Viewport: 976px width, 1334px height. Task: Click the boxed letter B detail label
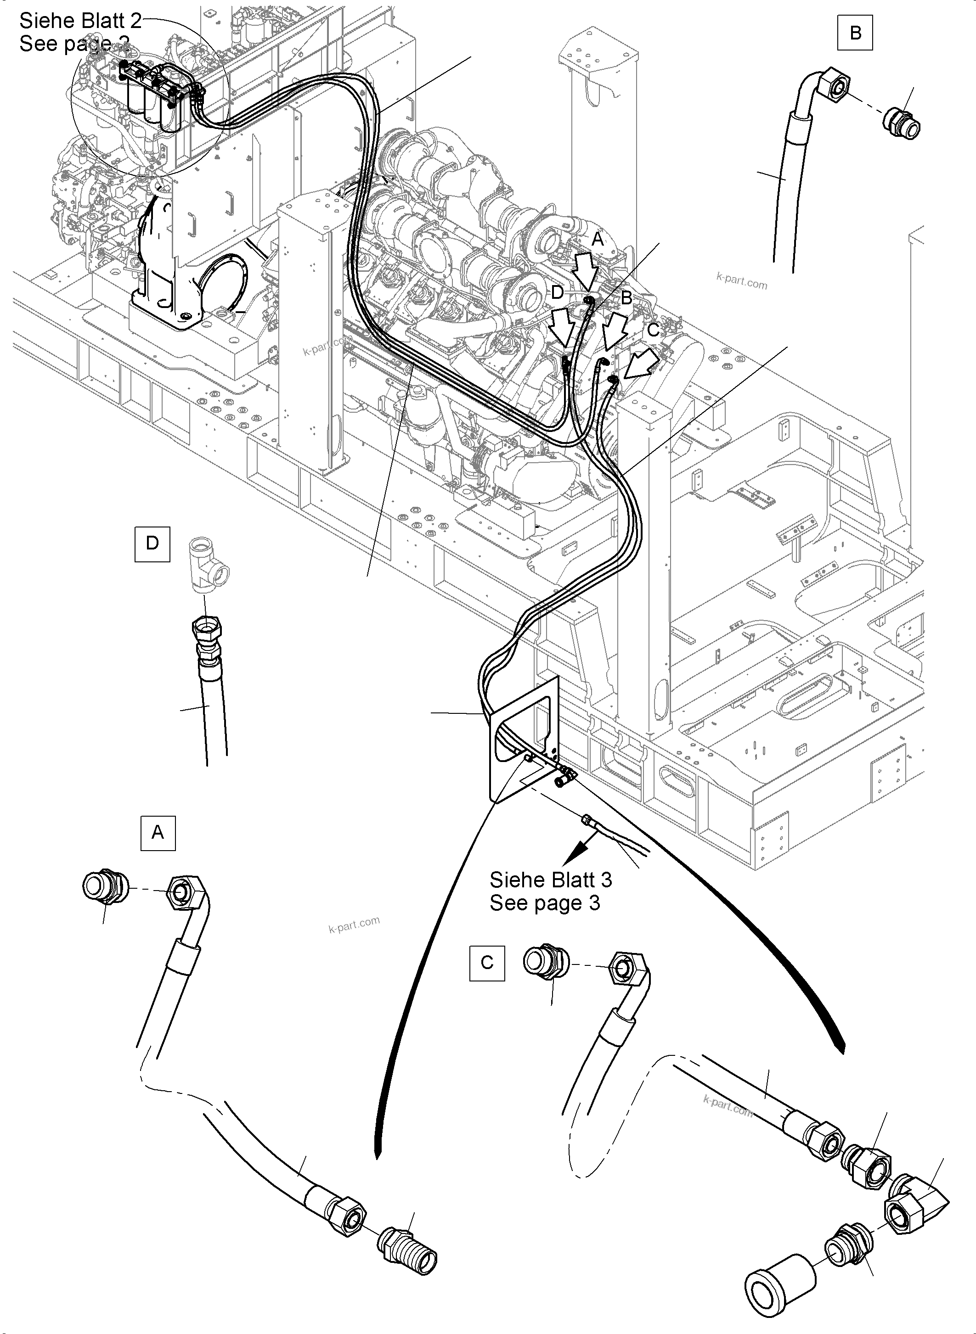tap(855, 33)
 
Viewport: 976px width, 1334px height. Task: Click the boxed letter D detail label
tap(152, 543)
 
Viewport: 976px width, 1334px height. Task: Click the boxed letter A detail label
tap(158, 832)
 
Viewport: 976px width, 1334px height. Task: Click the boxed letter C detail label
tap(487, 963)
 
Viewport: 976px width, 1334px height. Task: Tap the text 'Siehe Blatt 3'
tap(550, 880)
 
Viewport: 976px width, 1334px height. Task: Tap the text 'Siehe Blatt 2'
tap(80, 21)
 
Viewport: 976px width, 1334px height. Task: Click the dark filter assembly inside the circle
tap(157, 95)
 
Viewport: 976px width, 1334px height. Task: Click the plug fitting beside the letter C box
tap(545, 963)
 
